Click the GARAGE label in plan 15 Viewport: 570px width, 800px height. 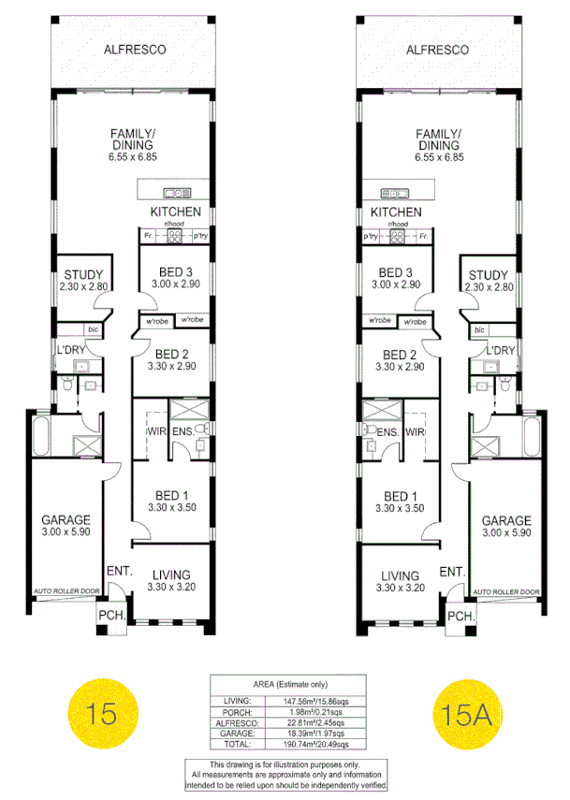pyautogui.click(x=66, y=520)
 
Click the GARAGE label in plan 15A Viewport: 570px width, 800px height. pyautogui.click(x=505, y=520)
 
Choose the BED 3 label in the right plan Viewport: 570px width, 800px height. pyautogui.click(x=393, y=272)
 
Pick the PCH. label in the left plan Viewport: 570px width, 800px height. pyautogui.click(x=110, y=616)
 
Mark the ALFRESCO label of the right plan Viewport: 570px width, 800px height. pyautogui.click(x=437, y=50)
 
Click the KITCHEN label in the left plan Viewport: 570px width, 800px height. pyautogui.click(x=175, y=212)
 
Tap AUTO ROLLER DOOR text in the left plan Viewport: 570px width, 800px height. pyautogui.click(x=66, y=592)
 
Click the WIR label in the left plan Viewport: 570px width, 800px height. pyautogui.click(x=153, y=431)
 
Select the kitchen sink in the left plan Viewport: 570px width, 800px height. pyautogui.click(x=175, y=194)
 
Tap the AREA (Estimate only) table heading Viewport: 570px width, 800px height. pyautogui.click(x=285, y=684)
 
